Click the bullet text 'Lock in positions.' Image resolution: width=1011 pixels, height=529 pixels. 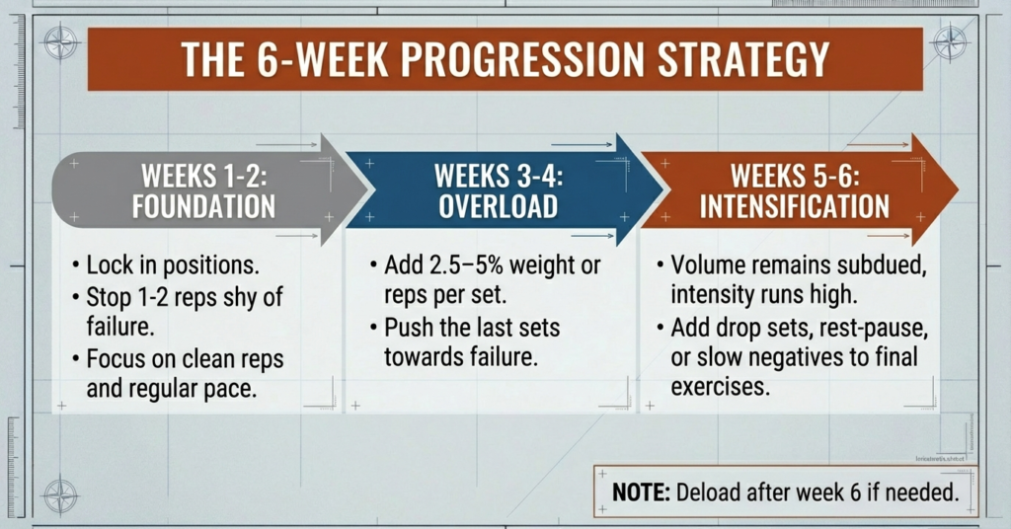[174, 266]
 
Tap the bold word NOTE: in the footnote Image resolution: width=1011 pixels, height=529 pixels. [643, 491]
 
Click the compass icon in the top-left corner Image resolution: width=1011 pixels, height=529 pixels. [61, 42]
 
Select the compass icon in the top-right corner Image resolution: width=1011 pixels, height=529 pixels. [950, 42]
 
